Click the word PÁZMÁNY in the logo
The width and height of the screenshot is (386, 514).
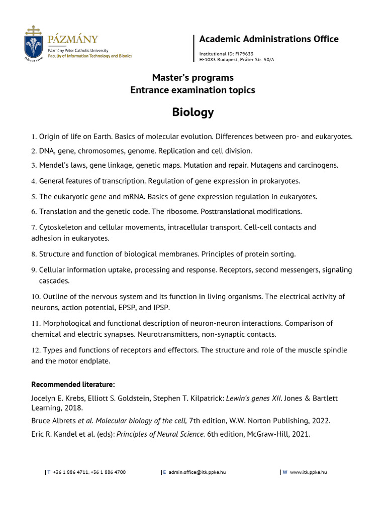pyautogui.click(x=73, y=39)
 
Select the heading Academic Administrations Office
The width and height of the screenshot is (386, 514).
pyautogui.click(x=269, y=39)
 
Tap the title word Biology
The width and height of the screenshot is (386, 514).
pyautogui.click(x=193, y=112)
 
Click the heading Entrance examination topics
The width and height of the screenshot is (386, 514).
pyautogui.click(x=193, y=90)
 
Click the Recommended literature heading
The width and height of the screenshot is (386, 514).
pyautogui.click(x=73, y=384)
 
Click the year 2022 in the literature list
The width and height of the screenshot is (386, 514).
pyautogui.click(x=320, y=420)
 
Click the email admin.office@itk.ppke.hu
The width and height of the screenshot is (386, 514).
pyautogui.click(x=197, y=472)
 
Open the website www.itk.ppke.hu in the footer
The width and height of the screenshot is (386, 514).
pyautogui.click(x=308, y=472)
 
